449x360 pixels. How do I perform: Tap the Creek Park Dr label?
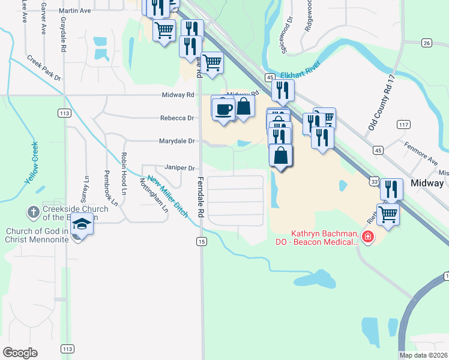44,68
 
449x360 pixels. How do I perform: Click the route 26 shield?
427,43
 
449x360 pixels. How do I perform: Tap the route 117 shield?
403,124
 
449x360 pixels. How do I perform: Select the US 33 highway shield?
374,181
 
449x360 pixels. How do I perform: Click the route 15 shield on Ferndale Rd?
200,241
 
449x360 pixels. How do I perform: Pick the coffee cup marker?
223,109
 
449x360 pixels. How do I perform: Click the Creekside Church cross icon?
33,212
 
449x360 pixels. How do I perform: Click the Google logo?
20,353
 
